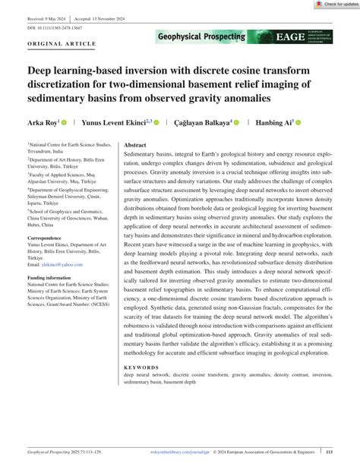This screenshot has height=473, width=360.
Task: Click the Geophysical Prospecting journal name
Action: pyautogui.click(x=201, y=36)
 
